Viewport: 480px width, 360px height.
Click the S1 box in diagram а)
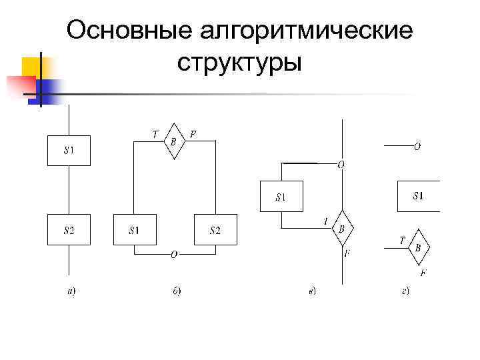(x=69, y=151)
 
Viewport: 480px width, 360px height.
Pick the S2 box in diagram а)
(x=69, y=230)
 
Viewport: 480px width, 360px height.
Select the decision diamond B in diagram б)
(x=173, y=141)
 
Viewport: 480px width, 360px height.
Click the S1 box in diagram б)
(x=135, y=230)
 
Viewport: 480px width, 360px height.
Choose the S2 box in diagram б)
(x=215, y=230)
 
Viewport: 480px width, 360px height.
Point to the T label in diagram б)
(x=155, y=134)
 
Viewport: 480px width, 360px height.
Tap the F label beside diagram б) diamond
(x=193, y=134)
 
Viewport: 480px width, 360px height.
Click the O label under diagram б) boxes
(x=173, y=254)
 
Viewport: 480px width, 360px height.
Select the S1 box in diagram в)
(x=281, y=197)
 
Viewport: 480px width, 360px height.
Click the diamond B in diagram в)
(x=342, y=229)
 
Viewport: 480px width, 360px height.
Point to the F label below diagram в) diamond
(x=347, y=253)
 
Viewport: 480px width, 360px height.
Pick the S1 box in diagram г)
(x=418, y=196)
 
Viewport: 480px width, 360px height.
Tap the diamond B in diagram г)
(x=418, y=247)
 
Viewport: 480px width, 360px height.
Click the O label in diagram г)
(x=417, y=145)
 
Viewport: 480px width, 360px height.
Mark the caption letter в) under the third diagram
(x=312, y=291)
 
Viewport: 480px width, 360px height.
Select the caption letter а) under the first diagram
(x=71, y=291)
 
